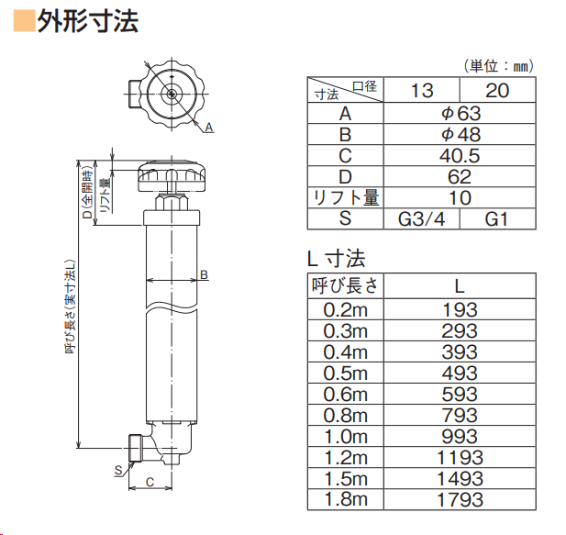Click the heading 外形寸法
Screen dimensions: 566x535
pos(88,22)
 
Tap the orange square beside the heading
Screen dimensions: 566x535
pos(24,21)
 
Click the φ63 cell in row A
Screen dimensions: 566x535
pos(461,114)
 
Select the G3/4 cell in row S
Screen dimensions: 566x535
pos(421,219)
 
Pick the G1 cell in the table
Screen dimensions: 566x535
pos(496,219)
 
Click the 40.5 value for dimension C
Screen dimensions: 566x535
pos(460,156)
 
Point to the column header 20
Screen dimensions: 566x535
pos(497,90)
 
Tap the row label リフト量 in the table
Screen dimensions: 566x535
pos(346,198)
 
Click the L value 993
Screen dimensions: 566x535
pos(460,437)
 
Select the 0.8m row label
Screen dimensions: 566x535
pos(346,416)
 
